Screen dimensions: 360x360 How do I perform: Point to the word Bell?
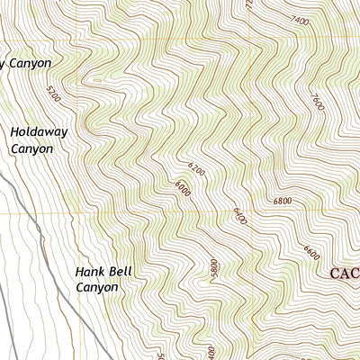point(122,271)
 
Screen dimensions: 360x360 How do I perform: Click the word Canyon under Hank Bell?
point(96,288)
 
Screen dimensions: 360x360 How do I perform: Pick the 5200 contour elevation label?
point(50,93)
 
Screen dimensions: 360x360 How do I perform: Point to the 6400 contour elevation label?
point(238,217)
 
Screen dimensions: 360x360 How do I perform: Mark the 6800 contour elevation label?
point(282,201)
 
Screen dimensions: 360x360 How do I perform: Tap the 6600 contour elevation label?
point(311,255)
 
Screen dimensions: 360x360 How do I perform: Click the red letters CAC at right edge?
point(345,274)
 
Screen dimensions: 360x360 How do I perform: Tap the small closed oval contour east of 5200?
point(94,80)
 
